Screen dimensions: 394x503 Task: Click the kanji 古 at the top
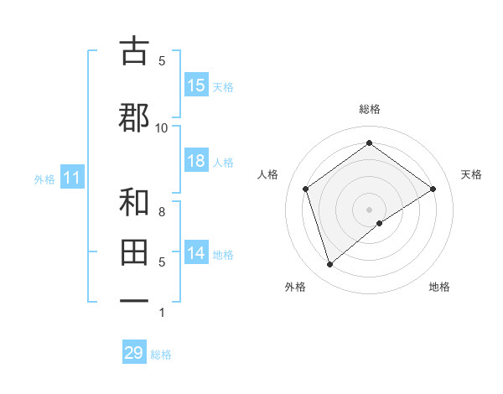[x=134, y=51]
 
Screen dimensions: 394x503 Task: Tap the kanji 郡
[x=134, y=118]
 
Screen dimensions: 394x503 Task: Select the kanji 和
[x=134, y=202]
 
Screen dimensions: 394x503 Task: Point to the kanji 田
[x=134, y=252]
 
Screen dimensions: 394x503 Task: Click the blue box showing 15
[x=196, y=86]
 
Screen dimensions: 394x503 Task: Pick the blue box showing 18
[x=196, y=161]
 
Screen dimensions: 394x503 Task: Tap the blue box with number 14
[x=196, y=253]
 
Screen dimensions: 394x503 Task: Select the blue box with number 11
[x=72, y=178]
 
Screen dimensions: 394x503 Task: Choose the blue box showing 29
[x=134, y=353]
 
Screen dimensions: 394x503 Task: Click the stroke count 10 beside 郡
[x=162, y=127]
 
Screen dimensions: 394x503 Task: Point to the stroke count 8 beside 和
[x=162, y=212]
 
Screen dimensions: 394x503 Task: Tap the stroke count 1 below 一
[x=162, y=313]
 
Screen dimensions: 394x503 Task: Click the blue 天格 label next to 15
[x=223, y=86]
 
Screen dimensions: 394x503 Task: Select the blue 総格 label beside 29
[x=161, y=355]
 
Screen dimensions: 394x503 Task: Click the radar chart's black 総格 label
[x=370, y=109]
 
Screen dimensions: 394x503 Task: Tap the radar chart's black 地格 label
[x=439, y=288]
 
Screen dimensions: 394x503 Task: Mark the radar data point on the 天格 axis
[x=433, y=189]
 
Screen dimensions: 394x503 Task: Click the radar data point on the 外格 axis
[x=330, y=265]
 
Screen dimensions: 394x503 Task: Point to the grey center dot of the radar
[x=370, y=209]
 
